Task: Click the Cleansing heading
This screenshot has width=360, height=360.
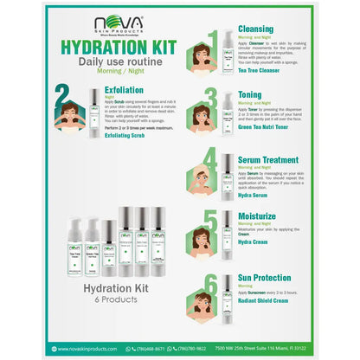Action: (256, 28)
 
